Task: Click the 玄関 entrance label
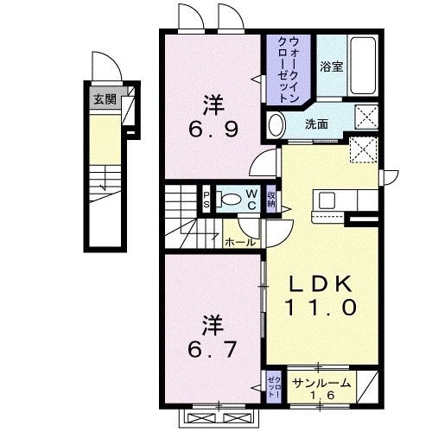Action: tap(105, 98)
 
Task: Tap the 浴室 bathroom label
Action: tap(331, 67)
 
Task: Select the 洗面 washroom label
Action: tap(316, 124)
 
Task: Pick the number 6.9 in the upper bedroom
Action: tap(213, 134)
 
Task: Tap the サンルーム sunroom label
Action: tap(321, 383)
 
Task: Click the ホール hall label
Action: tap(240, 243)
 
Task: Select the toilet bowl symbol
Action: tap(229, 198)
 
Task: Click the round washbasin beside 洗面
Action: tap(276, 125)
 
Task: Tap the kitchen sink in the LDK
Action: tap(329, 200)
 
